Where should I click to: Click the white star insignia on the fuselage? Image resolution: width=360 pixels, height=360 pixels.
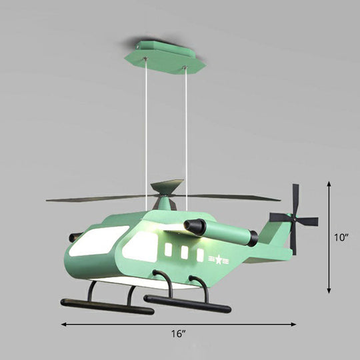pyautogui.click(x=217, y=258)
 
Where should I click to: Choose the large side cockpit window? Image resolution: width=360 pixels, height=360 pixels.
pyautogui.click(x=141, y=245)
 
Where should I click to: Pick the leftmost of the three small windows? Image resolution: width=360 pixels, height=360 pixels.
pyautogui.click(x=169, y=251)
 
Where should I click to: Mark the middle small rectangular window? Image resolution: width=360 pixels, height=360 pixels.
pyautogui.click(x=184, y=253)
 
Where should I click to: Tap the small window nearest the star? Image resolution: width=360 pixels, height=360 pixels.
pyautogui.click(x=200, y=255)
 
